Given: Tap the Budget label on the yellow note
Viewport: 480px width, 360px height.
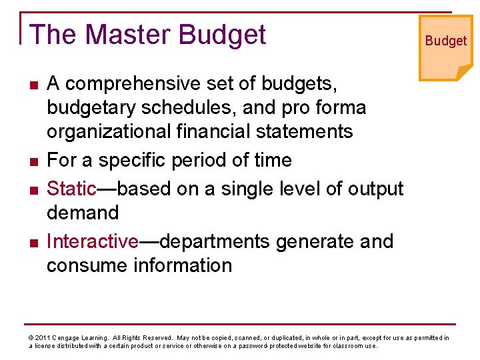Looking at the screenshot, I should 446,41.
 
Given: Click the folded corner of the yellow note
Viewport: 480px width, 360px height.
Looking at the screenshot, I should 463,71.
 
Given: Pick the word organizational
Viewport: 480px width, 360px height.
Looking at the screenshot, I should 107,131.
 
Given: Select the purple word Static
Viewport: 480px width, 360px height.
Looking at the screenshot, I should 71,189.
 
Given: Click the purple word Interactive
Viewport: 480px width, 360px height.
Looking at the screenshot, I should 92,241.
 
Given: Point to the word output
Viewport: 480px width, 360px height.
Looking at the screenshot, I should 373,189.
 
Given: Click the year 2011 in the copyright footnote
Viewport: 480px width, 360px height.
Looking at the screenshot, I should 42,338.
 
